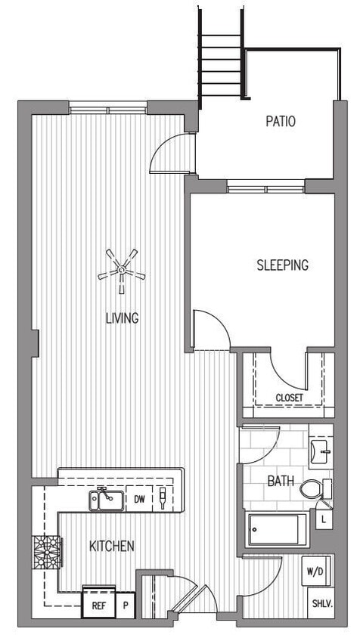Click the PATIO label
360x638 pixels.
tap(281, 121)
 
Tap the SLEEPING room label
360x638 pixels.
tap(282, 265)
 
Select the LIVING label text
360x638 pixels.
tap(122, 318)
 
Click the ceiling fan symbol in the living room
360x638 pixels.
tap(121, 271)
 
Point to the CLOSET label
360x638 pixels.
tap(289, 398)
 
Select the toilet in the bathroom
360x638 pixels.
tap(314, 489)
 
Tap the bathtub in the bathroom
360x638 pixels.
tap(278, 529)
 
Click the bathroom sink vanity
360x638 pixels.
tap(321, 452)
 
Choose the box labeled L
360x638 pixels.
tap(324, 520)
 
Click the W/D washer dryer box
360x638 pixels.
tap(315, 571)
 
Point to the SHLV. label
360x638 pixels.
tap(321, 605)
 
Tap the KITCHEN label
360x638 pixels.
tap(112, 546)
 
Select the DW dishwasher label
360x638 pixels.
tap(139, 499)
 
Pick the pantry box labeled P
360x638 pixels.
tap(124, 605)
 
